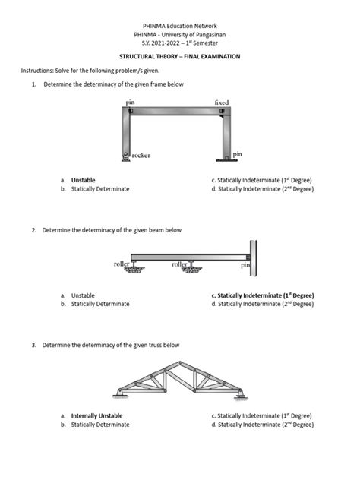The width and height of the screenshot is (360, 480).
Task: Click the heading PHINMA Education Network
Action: tap(180, 25)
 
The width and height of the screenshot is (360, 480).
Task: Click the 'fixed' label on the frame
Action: tap(222, 103)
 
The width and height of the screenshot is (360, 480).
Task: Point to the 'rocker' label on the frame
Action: tap(140, 155)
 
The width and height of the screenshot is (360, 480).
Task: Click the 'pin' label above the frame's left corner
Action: tap(131, 103)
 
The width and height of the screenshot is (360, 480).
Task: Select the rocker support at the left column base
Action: tap(125, 156)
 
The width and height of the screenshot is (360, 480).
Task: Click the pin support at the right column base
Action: tap(226, 158)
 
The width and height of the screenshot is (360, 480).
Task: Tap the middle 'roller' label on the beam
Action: tap(179, 264)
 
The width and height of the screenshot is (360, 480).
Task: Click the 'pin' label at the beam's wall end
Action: tap(245, 265)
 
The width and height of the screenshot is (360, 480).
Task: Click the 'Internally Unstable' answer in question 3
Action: tap(96, 416)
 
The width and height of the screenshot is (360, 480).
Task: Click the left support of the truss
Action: tap(115, 392)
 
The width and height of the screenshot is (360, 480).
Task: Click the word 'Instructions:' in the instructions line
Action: tap(36, 70)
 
